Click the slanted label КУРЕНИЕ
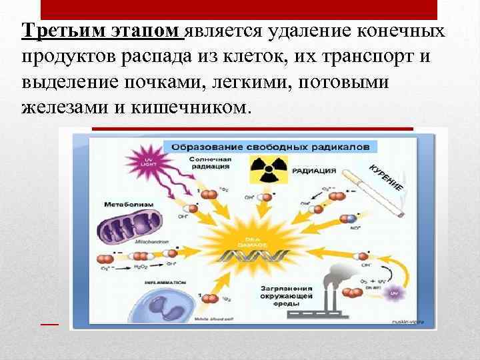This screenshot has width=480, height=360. coord(386,176)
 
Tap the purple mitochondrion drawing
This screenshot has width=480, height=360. coord(131,225)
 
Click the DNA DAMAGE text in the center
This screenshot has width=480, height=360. coord(253,241)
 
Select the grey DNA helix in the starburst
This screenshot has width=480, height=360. coord(254,255)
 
